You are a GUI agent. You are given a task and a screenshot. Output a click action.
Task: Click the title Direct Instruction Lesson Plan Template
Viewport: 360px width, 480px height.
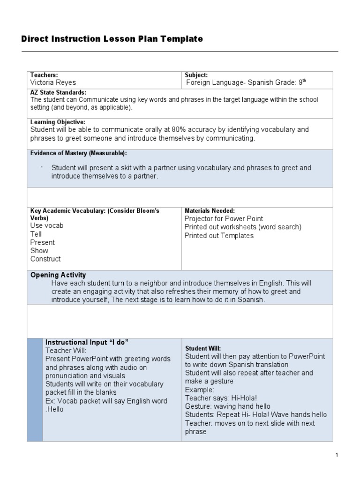coord(112,39)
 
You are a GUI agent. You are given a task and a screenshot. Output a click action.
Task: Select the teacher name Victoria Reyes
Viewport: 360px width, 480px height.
coord(53,82)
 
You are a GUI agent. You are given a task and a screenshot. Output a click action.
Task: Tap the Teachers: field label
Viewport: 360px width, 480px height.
coord(44,75)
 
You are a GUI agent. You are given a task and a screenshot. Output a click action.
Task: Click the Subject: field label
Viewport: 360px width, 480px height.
coord(196,75)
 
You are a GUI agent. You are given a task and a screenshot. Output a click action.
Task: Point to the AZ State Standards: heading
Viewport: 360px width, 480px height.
coord(58,92)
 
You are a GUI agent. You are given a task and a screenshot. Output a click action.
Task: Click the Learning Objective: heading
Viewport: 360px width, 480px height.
coord(58,122)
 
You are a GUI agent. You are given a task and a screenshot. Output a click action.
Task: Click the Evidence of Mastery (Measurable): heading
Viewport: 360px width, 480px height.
coord(78,153)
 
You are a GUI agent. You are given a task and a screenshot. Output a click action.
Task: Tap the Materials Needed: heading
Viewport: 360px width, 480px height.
coord(210,211)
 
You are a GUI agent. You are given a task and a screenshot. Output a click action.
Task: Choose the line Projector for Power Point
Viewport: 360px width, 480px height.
coord(224,219)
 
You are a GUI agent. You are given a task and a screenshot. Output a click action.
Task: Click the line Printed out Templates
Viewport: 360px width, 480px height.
coord(219,236)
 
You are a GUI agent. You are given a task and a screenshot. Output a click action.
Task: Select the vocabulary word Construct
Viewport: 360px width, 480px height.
coord(45,259)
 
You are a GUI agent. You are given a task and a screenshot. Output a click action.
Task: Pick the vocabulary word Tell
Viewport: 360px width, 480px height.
coord(36,234)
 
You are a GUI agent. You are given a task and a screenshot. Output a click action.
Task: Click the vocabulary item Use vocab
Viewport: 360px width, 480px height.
coord(47,225)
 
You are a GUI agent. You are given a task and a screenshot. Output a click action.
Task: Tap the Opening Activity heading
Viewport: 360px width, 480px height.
coord(58,275)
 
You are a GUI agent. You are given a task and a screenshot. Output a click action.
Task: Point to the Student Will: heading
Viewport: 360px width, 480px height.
coord(202,348)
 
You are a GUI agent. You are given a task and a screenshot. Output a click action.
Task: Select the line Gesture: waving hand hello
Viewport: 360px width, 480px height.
coord(227,406)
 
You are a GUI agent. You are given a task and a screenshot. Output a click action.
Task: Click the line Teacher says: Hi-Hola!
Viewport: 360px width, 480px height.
coord(221,398)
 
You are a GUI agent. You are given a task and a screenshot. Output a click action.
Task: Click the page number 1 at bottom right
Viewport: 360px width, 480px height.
coord(337,455)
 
